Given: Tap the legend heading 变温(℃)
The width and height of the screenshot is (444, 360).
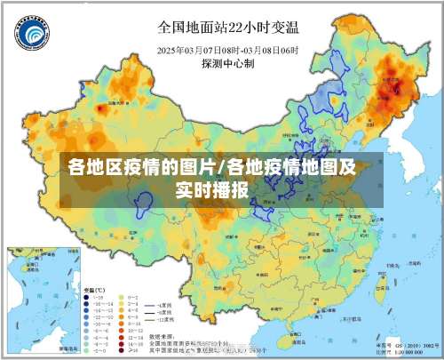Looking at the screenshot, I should [x=94, y=291].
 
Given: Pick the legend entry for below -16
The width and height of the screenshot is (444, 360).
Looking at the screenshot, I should [x=98, y=299].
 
